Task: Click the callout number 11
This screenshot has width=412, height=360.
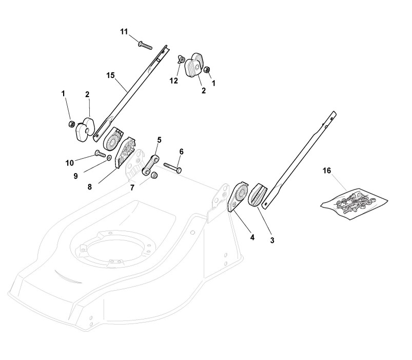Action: [x=124, y=32]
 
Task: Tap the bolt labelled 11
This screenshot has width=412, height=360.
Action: [x=145, y=45]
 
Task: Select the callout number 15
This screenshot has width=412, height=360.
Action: [x=110, y=75]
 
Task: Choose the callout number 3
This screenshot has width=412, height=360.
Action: [x=271, y=240]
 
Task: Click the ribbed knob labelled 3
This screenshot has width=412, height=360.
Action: [x=258, y=195]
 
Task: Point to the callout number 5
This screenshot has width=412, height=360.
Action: [x=159, y=139]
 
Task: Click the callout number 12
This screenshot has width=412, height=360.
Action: [x=174, y=81]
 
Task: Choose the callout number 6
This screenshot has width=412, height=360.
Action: [x=181, y=151]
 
